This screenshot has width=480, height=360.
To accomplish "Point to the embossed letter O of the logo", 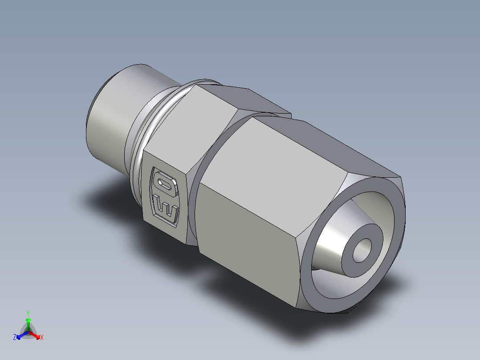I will tap(164, 184).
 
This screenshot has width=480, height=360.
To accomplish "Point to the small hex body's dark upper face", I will tap(249, 100).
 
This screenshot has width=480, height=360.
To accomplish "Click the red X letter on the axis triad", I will tap(42, 337).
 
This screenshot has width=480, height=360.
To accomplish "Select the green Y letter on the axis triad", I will tap(28, 313).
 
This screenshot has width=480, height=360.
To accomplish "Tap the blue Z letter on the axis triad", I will tap(15, 337).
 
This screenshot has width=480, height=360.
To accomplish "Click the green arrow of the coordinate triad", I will tap(28, 323).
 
